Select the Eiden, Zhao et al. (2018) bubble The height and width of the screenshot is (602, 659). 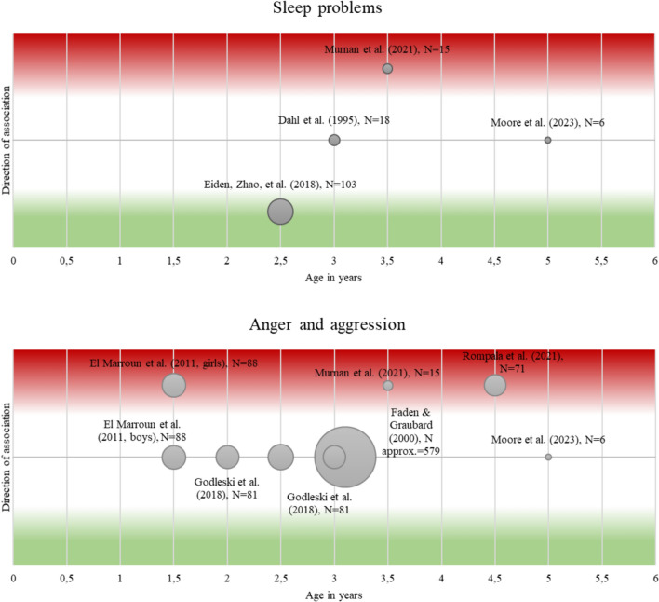280,212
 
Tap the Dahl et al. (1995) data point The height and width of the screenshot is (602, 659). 334,140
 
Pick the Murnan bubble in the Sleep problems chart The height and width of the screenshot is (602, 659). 387,69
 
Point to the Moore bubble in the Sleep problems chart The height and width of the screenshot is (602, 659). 547,140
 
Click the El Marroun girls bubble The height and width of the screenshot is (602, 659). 174,385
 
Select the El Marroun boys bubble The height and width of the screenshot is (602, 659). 174,457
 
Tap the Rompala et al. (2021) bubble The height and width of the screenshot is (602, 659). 495,385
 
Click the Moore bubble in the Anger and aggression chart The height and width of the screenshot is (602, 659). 547,457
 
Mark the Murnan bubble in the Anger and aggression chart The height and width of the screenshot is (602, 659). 387,385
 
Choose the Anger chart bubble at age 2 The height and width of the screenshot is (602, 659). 227,457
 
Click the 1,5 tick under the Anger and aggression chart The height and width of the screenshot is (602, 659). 173,579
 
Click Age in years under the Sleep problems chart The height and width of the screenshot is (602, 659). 334,277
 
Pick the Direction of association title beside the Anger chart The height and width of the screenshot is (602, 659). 7,457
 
